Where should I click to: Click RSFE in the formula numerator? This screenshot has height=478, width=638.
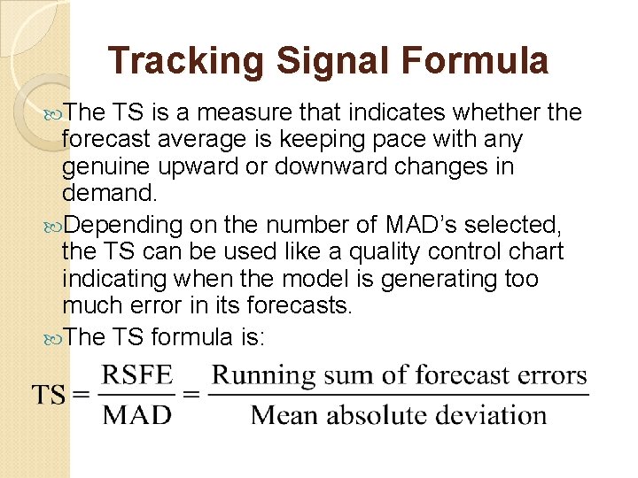tap(136, 375)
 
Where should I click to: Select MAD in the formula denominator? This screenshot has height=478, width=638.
tap(136, 414)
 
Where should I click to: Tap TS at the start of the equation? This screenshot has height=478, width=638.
tap(49, 395)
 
